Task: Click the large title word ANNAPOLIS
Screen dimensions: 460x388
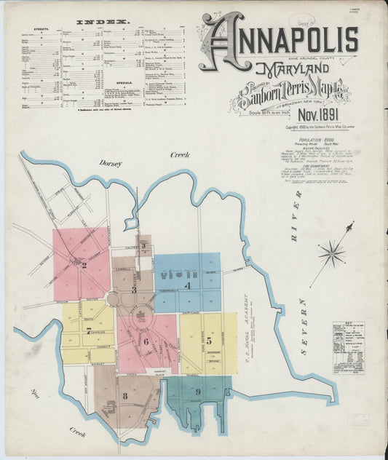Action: [x=280, y=40]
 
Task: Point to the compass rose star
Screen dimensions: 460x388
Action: [x=332, y=253]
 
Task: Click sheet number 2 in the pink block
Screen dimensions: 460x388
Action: [x=84, y=265]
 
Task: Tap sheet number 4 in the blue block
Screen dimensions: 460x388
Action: [x=188, y=286]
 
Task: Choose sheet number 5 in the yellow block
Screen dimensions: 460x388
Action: [x=208, y=339]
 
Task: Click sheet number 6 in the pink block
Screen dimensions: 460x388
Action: [x=146, y=341]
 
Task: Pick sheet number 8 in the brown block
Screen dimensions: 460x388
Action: [x=125, y=395]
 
